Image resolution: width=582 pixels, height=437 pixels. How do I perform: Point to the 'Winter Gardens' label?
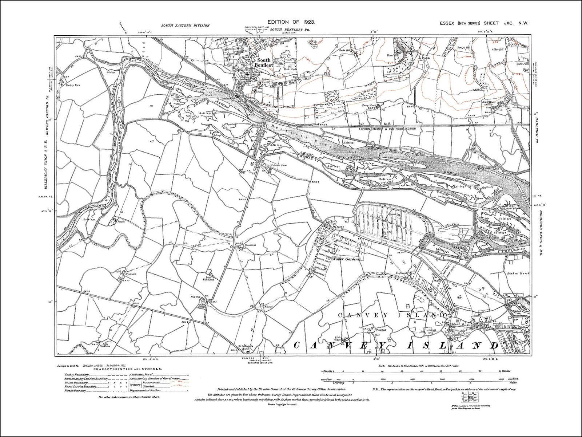point(346,259)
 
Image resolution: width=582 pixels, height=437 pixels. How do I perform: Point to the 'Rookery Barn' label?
point(72,85)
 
